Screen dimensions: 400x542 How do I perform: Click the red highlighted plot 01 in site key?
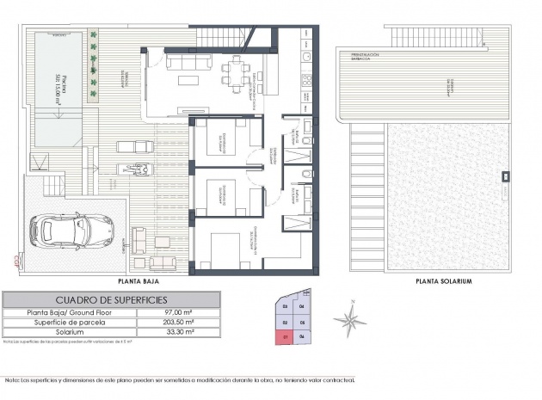coord(285,337)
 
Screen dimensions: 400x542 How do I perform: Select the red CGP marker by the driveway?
coord(16,255)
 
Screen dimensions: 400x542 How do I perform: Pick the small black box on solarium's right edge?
coord(507,178)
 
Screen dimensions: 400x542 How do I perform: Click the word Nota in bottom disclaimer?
coord(12,379)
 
